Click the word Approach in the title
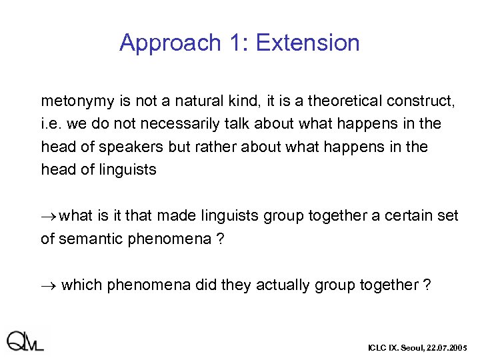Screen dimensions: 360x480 coord(170,43)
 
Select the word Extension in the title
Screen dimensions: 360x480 coord(307,43)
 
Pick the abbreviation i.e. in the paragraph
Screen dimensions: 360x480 coord(51,125)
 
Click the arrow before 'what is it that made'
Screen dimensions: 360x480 coord(49,216)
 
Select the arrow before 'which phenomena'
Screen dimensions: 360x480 coord(49,285)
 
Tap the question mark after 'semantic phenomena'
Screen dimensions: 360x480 coord(221,239)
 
